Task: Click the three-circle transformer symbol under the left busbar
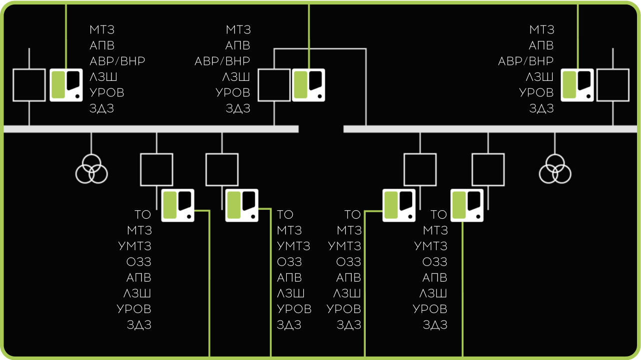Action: (91, 170)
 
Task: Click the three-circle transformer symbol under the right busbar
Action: (555, 170)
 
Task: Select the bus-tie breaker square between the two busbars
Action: (274, 85)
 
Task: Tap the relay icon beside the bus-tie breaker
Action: (308, 85)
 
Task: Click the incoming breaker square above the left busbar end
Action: (29, 85)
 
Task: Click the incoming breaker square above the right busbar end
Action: (613, 85)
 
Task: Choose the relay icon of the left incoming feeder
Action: (66, 85)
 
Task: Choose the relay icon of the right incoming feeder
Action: (577, 85)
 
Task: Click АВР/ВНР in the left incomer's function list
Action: (117, 61)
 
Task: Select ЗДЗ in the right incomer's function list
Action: (542, 108)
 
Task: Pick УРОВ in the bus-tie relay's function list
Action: (233, 92)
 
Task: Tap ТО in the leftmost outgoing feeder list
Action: (143, 215)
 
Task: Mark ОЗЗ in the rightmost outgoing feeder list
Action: (434, 262)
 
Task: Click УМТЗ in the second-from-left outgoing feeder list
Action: (294, 246)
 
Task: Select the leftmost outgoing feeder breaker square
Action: (156, 170)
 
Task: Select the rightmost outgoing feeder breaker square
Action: (488, 170)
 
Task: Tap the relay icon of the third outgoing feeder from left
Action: (399, 205)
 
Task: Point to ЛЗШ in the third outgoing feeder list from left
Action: (347, 293)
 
